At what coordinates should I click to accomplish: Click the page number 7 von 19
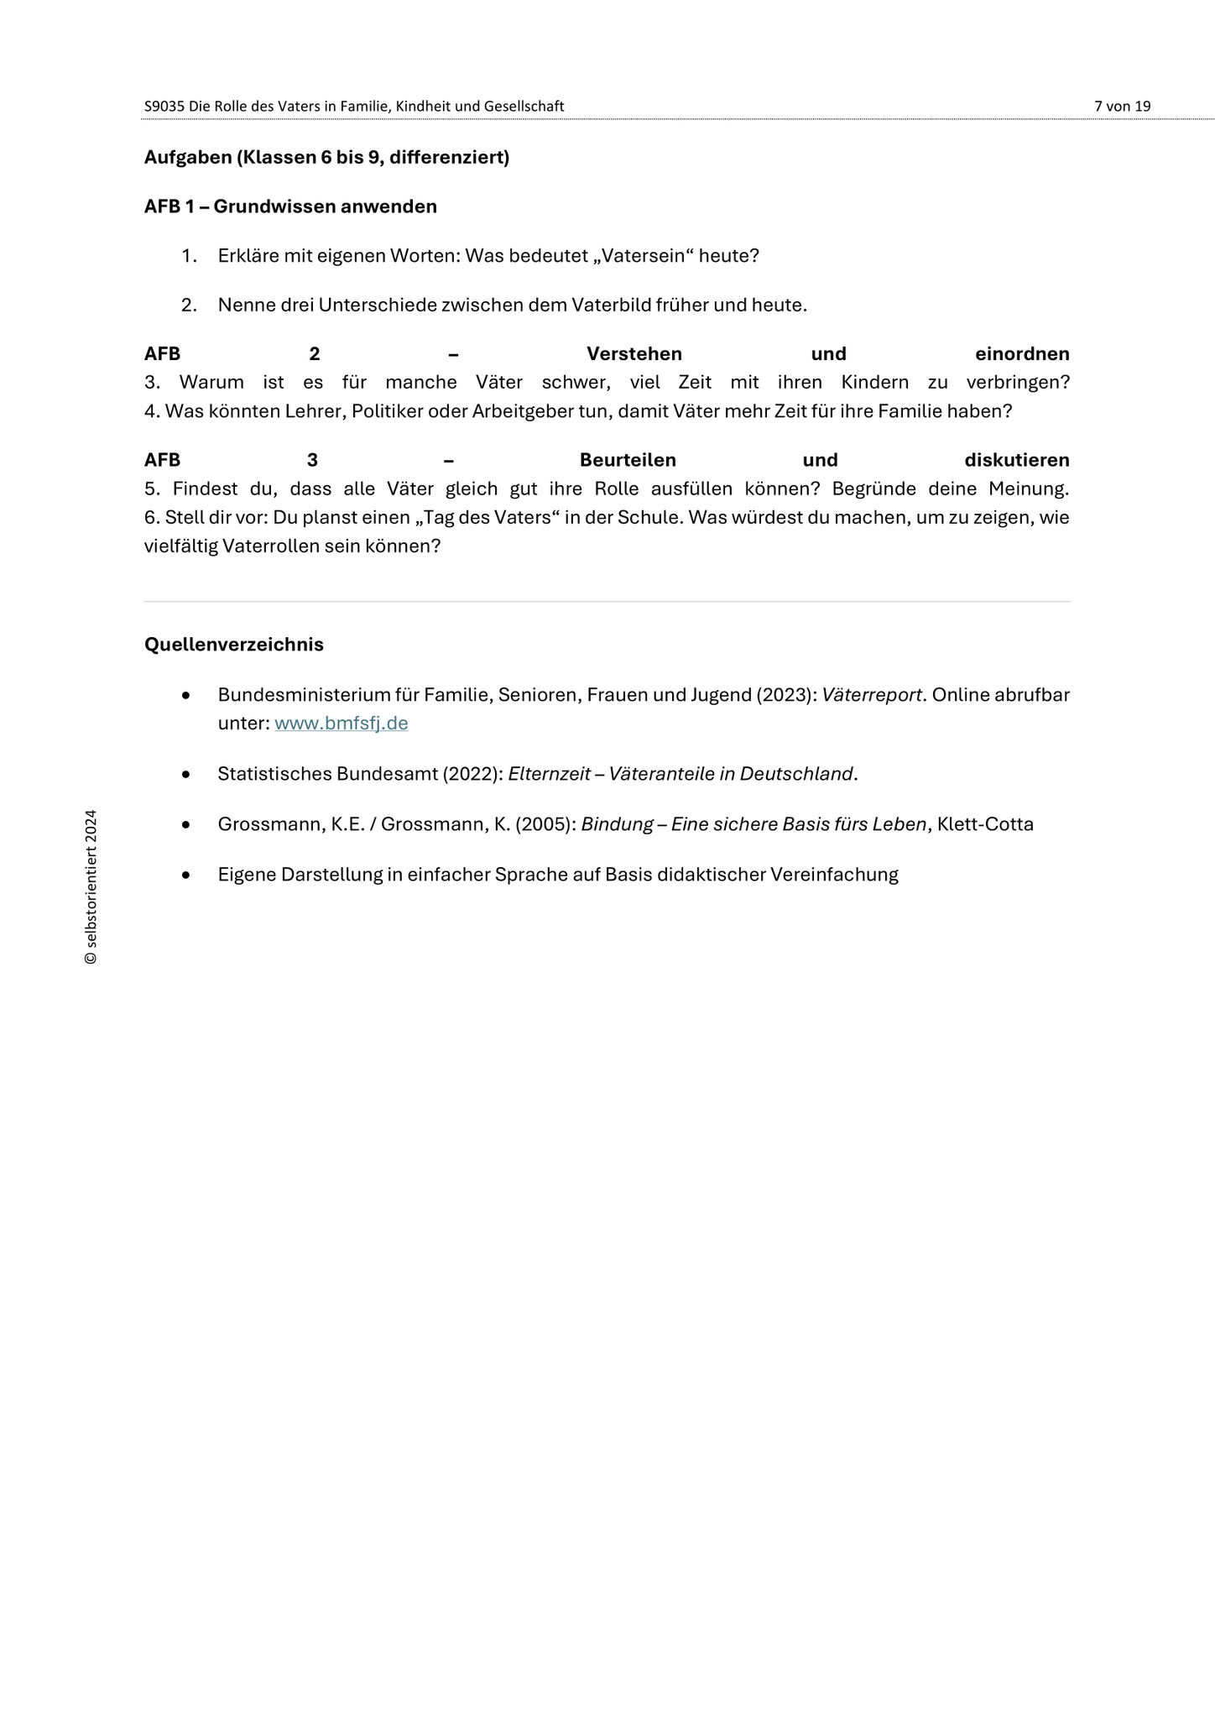pos(1122,107)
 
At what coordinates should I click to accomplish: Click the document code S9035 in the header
pos(164,107)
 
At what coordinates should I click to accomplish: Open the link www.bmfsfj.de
pos(341,724)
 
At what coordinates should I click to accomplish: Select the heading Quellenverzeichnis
pos(233,645)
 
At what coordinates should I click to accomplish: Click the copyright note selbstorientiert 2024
pos(91,887)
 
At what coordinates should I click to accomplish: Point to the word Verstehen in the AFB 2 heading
pos(634,354)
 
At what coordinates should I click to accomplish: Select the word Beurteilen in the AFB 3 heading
pos(628,460)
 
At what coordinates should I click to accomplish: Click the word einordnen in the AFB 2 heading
pos(1022,354)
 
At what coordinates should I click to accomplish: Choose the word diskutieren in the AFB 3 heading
pos(1016,460)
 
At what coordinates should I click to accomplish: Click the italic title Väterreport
pos(872,695)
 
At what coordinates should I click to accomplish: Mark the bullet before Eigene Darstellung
pos(186,875)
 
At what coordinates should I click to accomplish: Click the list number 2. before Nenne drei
pos(189,306)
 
